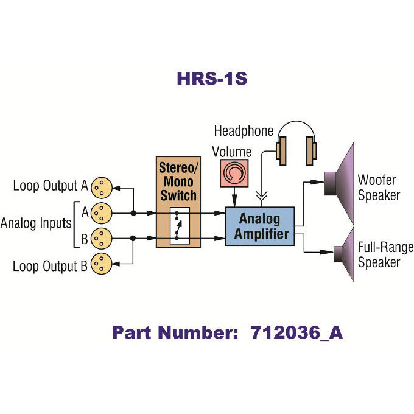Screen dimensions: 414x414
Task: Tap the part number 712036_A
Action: [x=227, y=333]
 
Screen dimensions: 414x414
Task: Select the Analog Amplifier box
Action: [x=259, y=226]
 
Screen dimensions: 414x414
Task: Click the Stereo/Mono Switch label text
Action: [x=177, y=180]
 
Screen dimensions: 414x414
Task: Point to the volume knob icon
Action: [x=234, y=174]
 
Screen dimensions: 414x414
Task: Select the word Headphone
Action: [x=244, y=131]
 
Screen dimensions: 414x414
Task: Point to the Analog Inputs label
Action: [x=36, y=223]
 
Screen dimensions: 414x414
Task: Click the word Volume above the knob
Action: [x=231, y=150]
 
